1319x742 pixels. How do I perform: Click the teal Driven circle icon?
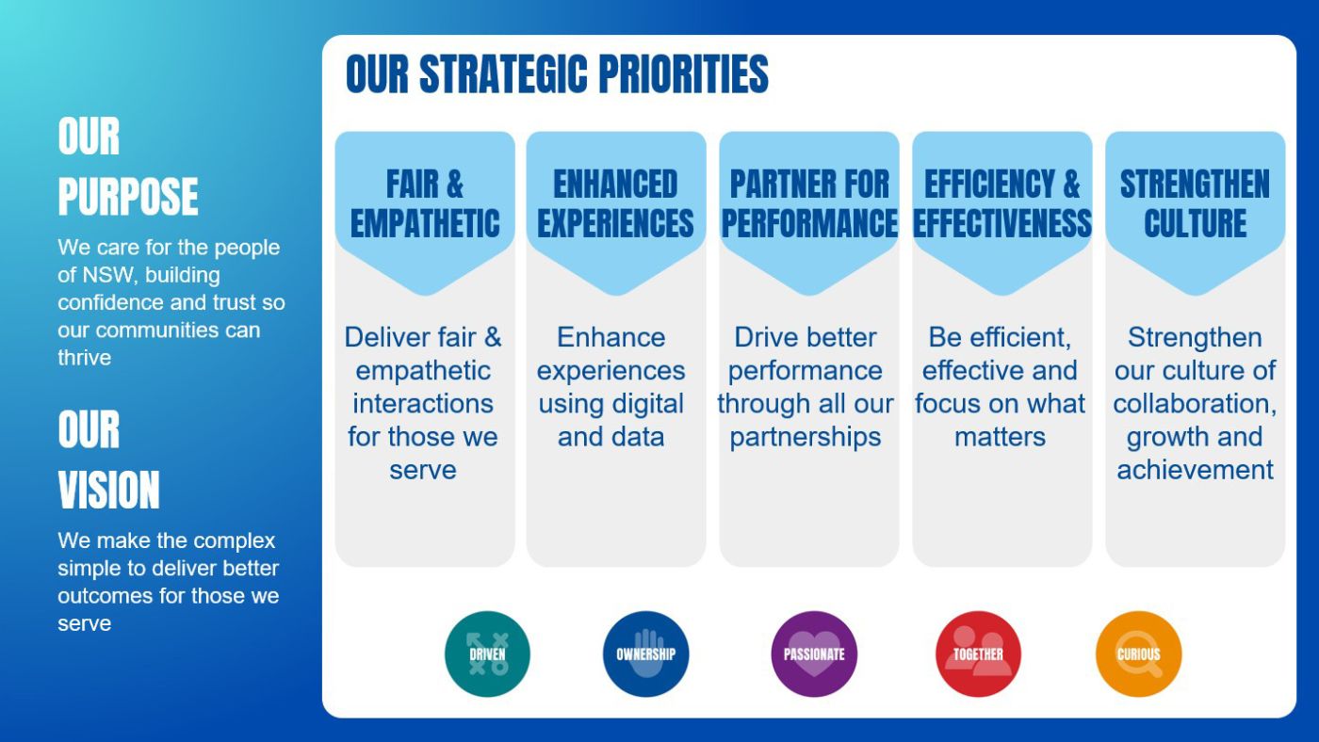point(487,653)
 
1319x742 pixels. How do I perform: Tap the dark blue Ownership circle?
point(646,653)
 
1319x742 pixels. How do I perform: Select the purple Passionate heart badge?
point(814,653)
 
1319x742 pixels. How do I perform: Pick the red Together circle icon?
point(978,653)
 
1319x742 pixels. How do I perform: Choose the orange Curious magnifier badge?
point(1138,653)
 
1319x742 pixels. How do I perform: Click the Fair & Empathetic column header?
point(425,203)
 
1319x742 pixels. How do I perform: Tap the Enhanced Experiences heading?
point(615,203)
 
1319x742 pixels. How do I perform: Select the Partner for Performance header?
point(809,203)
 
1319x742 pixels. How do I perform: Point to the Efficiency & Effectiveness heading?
point(1002,203)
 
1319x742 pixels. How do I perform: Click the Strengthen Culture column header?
point(1195,203)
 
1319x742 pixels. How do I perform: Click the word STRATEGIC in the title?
point(503,74)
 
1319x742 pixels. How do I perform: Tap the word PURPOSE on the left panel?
point(128,196)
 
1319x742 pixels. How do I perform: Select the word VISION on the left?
point(109,490)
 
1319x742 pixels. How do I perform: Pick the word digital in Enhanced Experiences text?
point(648,404)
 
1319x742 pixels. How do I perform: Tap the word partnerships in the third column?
point(805,438)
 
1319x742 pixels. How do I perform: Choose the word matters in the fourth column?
point(1000,437)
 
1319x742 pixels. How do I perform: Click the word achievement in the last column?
point(1195,470)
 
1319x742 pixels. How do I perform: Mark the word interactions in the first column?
point(423,404)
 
